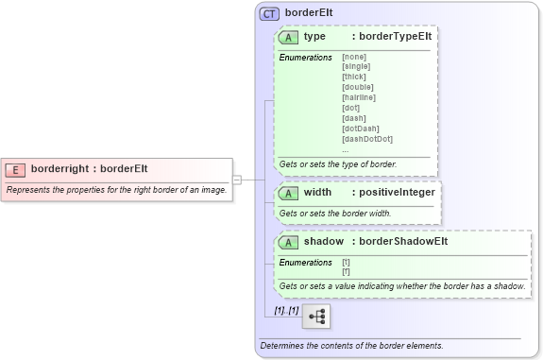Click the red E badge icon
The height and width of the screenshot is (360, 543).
(x=15, y=169)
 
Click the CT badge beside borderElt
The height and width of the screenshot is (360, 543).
(x=270, y=14)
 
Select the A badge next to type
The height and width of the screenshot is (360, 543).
(x=289, y=37)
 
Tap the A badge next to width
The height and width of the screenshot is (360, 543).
(x=289, y=193)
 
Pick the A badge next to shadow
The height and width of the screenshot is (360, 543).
(x=289, y=242)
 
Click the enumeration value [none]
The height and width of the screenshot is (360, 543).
(x=355, y=58)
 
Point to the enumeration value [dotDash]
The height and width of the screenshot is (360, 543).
(x=361, y=129)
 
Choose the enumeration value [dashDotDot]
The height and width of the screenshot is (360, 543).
(x=367, y=139)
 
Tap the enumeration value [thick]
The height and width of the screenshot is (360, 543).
(x=354, y=76)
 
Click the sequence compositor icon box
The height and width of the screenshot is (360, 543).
(x=316, y=316)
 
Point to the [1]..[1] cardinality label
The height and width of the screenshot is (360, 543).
(x=286, y=310)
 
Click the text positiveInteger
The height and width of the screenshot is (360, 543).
(x=397, y=193)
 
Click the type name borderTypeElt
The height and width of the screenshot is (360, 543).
(x=394, y=37)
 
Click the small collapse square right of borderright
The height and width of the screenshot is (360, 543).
(x=237, y=179)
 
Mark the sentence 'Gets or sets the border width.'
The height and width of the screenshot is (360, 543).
(x=335, y=214)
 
